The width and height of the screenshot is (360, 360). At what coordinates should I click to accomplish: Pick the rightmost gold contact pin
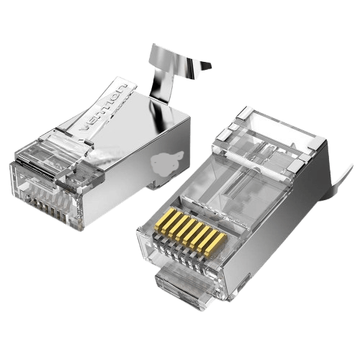tap(216, 243)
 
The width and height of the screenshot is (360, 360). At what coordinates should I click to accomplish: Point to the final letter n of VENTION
tap(122, 88)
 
